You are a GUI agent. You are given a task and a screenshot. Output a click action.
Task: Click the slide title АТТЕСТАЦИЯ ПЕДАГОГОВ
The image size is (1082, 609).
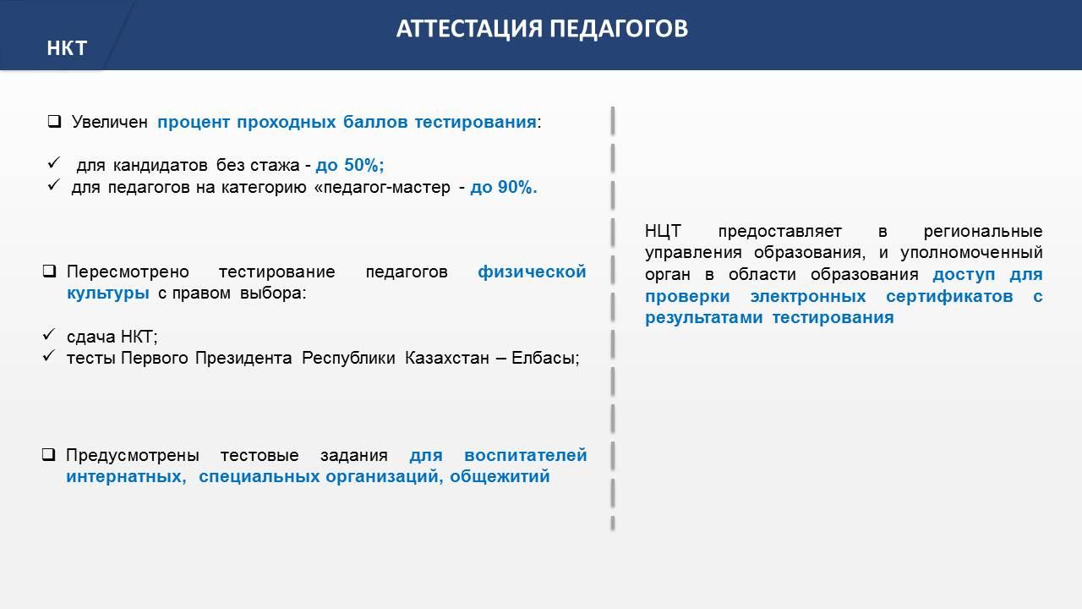point(542,29)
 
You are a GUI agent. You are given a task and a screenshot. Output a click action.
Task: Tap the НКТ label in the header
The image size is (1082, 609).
point(67,48)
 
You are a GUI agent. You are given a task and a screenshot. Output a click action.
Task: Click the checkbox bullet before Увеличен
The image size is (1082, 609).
point(55,121)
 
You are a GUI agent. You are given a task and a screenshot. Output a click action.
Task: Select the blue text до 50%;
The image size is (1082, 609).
point(350,165)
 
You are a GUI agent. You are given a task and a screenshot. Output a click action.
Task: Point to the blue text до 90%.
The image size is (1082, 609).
point(504,187)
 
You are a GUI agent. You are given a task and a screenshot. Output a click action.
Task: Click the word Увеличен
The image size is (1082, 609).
point(110,122)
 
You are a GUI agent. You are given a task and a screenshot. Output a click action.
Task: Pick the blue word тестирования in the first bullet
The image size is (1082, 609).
point(475,123)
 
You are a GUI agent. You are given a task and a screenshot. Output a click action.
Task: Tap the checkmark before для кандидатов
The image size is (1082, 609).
point(53,163)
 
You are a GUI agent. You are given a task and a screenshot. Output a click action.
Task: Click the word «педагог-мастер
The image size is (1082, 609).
point(382,187)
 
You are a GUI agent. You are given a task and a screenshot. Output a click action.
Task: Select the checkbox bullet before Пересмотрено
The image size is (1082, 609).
point(49,272)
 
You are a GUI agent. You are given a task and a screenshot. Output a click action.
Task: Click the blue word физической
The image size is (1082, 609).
point(532,272)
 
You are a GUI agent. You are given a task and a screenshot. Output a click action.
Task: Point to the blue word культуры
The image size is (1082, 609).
point(107,294)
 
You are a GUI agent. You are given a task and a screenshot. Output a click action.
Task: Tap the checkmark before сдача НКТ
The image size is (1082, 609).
point(49,334)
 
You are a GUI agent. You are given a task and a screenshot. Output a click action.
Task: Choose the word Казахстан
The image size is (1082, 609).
point(447,358)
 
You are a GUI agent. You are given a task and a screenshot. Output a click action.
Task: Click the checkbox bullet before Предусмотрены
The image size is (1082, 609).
point(48,454)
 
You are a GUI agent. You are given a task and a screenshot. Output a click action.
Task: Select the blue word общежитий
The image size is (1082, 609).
point(500,476)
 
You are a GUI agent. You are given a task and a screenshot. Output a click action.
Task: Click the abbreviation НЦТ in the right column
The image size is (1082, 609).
point(664,231)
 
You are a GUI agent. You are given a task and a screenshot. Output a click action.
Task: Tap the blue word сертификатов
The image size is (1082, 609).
point(949,296)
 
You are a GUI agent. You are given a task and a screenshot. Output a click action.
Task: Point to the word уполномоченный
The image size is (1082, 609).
point(971,253)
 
